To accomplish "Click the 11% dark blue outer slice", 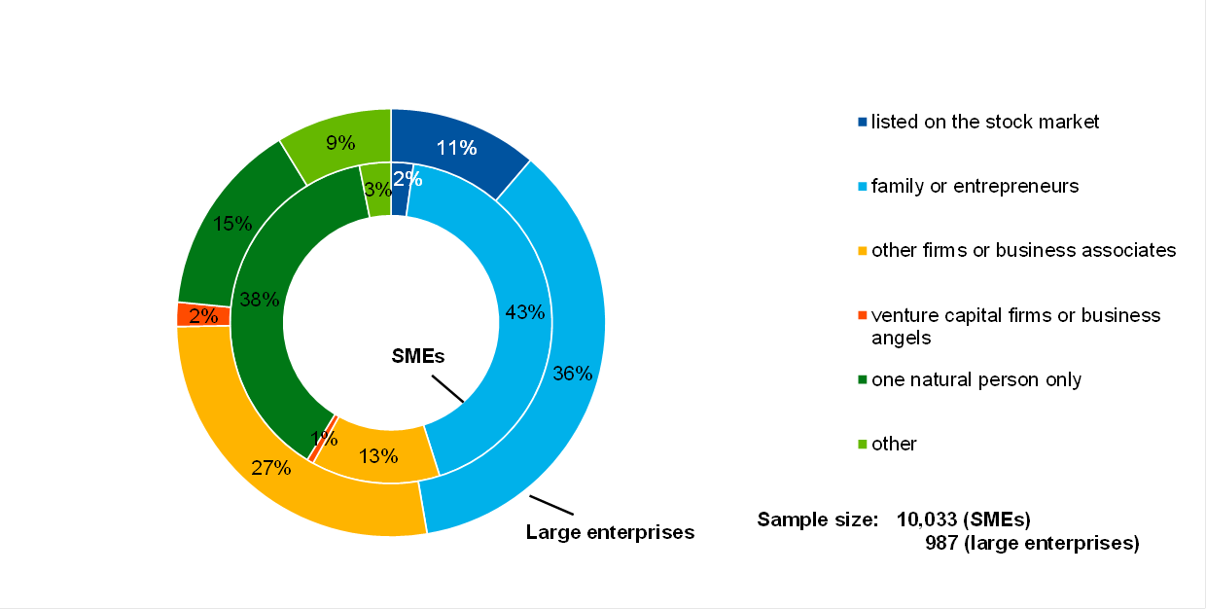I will (x=455, y=149).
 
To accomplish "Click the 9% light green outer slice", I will (x=340, y=142).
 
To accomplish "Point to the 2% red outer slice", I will (x=202, y=315).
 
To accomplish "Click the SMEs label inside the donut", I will (x=417, y=356).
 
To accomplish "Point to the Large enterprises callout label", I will (x=610, y=532).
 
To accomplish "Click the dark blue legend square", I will (x=862, y=123).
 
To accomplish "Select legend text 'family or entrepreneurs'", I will (x=975, y=186).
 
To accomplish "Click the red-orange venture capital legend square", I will (x=862, y=315).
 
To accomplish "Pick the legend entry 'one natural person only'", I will (x=975, y=379).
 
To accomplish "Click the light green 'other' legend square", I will (x=862, y=445).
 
